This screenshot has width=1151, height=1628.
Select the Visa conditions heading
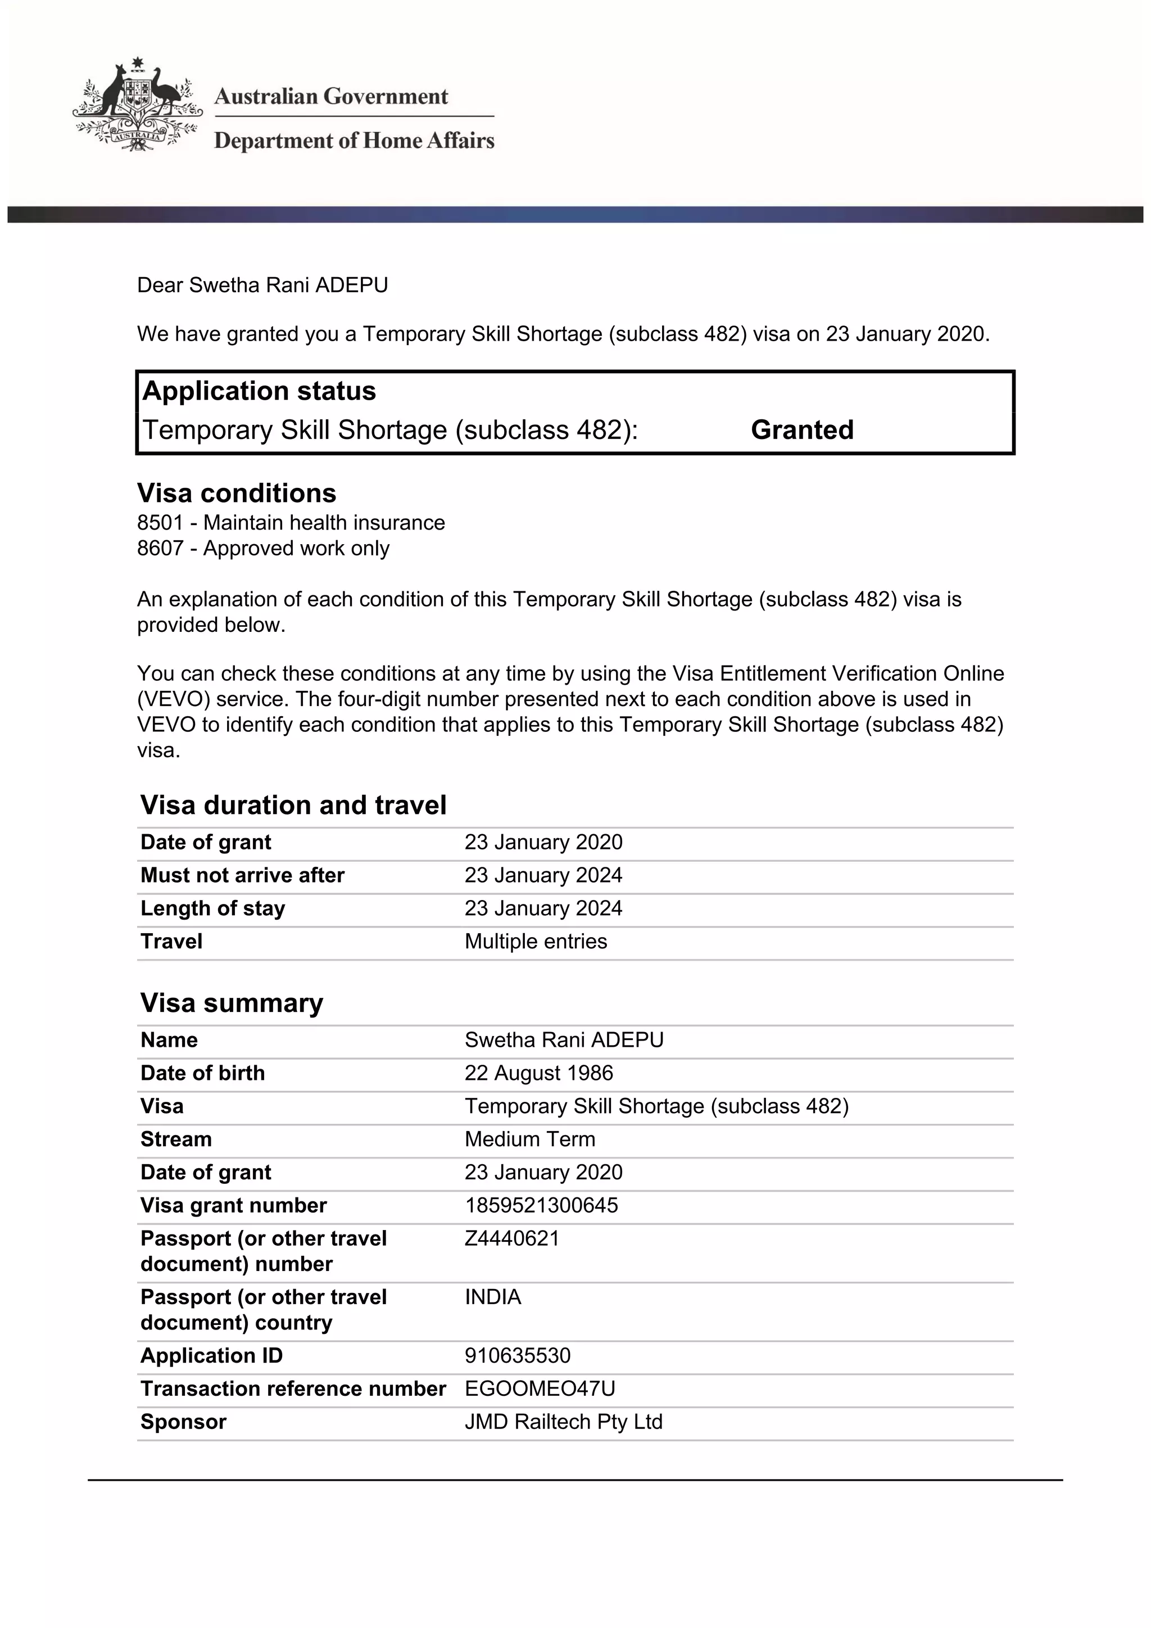click(236, 493)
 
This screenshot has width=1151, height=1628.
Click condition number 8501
click(160, 523)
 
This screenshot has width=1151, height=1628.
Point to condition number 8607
click(160, 548)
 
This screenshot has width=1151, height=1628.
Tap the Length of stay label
click(212, 908)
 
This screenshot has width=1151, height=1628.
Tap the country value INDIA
click(492, 1297)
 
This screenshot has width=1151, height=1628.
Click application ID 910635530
click(518, 1356)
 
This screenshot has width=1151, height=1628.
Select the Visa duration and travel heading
click(293, 805)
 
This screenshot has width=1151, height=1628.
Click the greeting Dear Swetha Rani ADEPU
click(262, 285)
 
